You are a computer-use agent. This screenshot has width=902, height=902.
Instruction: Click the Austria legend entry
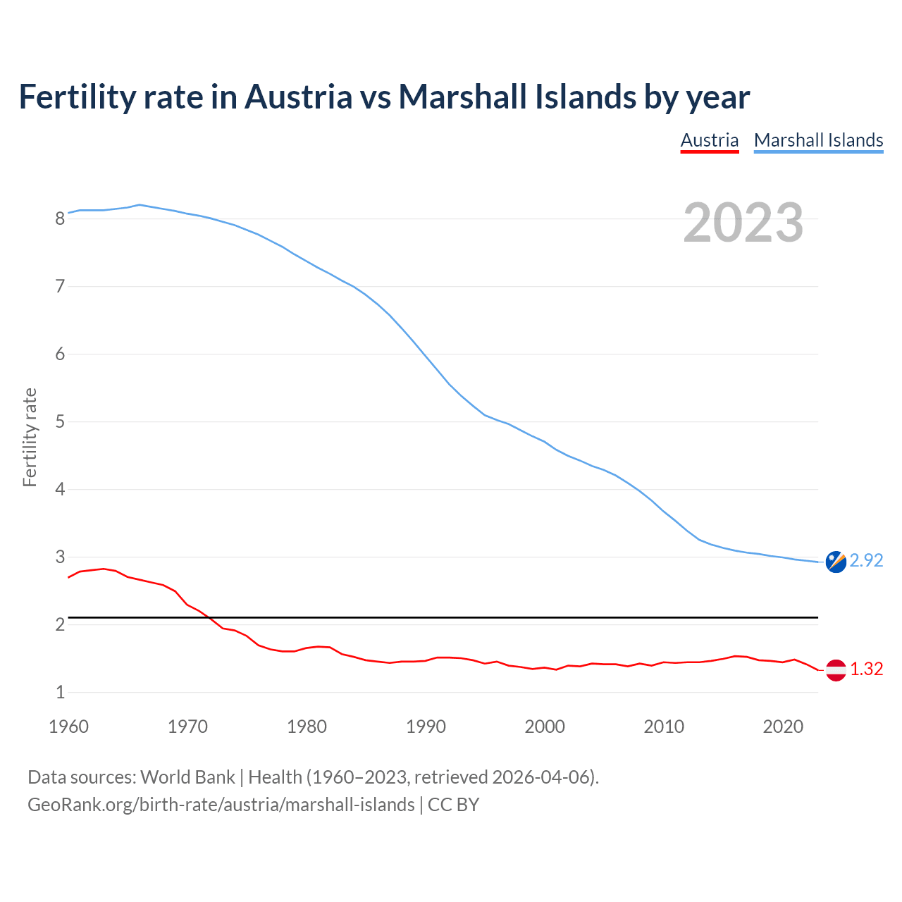point(709,140)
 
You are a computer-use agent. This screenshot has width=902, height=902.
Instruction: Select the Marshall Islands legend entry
point(818,140)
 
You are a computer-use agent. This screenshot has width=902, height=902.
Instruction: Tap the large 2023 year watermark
point(743,223)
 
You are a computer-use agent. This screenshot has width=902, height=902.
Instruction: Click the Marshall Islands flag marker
point(836,562)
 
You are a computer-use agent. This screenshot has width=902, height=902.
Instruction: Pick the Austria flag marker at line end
point(836,669)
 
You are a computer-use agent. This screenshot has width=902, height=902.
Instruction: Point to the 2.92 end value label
point(866,560)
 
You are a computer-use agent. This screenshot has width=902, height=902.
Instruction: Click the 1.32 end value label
point(866,669)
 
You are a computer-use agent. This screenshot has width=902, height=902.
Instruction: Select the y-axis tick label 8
point(60,218)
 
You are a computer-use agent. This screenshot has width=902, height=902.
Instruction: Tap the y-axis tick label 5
point(60,422)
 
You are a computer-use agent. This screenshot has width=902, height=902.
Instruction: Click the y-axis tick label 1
point(60,693)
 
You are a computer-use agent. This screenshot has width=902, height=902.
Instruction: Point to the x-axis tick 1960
point(68,727)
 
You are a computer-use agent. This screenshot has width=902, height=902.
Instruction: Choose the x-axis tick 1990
point(426,727)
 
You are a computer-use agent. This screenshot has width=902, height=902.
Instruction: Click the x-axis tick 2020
point(783,727)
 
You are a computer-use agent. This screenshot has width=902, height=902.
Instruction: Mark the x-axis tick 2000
point(545,727)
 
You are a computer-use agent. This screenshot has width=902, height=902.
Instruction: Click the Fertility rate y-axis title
point(30,437)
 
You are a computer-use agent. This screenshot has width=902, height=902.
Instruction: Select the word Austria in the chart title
point(298,97)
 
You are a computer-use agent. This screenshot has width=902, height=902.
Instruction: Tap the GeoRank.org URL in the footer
point(221,805)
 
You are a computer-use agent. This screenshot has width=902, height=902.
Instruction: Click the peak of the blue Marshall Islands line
point(140,204)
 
